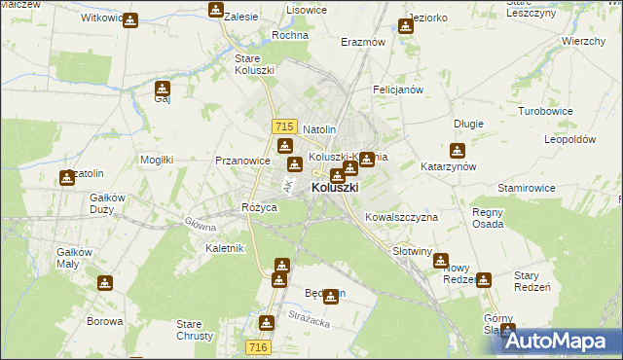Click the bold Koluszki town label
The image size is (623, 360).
(x=335, y=188)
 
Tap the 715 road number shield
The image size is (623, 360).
(x=284, y=126)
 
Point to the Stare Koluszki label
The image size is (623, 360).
(x=254, y=64)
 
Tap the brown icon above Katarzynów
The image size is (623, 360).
(x=457, y=151)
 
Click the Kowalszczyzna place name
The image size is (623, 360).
(x=401, y=217)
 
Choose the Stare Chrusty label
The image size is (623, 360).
(x=190, y=330)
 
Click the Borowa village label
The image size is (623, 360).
(x=105, y=321)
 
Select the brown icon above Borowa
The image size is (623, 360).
(x=105, y=283)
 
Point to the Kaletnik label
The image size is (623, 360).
(x=224, y=248)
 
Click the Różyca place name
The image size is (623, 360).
(x=260, y=208)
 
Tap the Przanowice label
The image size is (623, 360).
(x=241, y=162)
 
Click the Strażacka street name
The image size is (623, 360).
(x=310, y=314)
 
